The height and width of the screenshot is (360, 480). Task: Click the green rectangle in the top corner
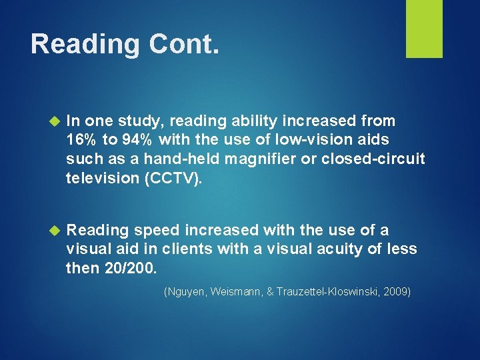point(424,29)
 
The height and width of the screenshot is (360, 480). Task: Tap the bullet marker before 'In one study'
point(55,121)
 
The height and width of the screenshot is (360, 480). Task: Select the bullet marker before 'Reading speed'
point(55,231)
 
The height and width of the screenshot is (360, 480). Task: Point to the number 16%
point(83,140)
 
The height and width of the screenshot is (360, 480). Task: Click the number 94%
point(138,140)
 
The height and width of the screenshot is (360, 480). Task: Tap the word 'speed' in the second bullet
point(157,231)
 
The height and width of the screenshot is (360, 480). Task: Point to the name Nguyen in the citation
point(187,292)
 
